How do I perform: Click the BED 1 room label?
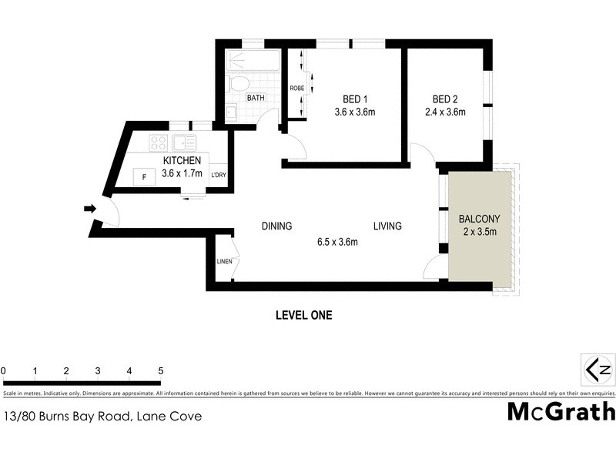(354, 99)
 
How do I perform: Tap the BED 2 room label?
(445, 99)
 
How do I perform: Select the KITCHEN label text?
(182, 160)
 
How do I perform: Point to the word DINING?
(276, 226)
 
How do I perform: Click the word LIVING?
(387, 226)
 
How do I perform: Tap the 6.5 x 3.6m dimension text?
(336, 242)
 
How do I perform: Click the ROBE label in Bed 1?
(296, 89)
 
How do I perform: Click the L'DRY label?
(218, 176)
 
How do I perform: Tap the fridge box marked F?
(143, 177)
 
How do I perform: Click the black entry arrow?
(89, 209)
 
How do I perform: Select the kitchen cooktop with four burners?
(159, 142)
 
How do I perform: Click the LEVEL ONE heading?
(303, 315)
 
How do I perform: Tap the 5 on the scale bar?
(160, 371)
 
